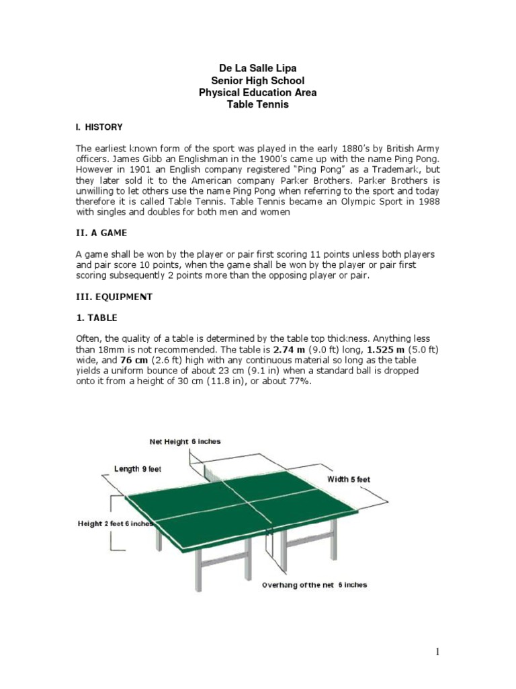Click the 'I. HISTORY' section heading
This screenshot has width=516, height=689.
pos(98,126)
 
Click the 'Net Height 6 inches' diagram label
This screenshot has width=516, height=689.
pos(184,442)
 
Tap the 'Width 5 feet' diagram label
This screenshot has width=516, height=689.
pos(348,480)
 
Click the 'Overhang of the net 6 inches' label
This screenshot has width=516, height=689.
pos(314,585)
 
